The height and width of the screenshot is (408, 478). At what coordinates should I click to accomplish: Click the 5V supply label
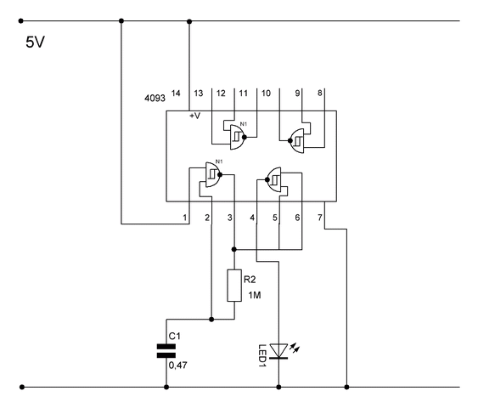click(x=35, y=42)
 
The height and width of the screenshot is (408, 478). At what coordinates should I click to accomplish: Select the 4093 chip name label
click(x=155, y=98)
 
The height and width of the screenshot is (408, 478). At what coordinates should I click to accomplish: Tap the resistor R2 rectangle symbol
click(x=234, y=286)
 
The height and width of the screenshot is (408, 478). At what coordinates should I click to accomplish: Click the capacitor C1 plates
click(x=166, y=351)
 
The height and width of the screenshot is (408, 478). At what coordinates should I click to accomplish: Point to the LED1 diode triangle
click(x=278, y=351)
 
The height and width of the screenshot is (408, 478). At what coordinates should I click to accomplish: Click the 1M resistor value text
click(x=254, y=295)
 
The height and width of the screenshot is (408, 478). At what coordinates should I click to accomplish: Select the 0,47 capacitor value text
click(x=178, y=365)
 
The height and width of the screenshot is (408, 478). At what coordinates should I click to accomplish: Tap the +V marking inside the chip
click(x=195, y=116)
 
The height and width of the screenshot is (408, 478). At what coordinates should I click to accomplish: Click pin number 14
click(x=176, y=93)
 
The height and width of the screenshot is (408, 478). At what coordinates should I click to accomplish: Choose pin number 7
click(x=320, y=218)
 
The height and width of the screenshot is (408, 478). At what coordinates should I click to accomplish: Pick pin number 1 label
click(x=185, y=218)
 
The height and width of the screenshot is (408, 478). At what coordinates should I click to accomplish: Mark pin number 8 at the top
click(x=320, y=93)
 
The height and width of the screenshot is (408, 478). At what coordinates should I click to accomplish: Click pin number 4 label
click(x=252, y=218)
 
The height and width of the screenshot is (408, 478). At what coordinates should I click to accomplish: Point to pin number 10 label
click(x=266, y=93)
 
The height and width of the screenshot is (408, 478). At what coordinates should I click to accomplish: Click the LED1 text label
click(x=262, y=355)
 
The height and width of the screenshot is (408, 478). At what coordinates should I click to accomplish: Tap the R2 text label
click(x=250, y=279)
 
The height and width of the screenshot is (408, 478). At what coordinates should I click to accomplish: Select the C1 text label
click(x=175, y=336)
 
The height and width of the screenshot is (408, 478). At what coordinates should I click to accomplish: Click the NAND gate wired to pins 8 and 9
click(x=296, y=141)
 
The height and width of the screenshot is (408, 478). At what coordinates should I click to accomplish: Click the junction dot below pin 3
click(x=234, y=249)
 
